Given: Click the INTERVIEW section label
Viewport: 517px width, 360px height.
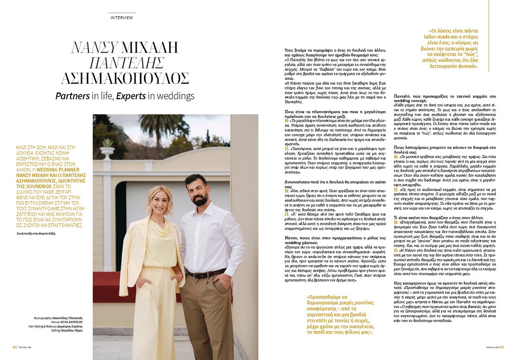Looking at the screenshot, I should pos(121,18).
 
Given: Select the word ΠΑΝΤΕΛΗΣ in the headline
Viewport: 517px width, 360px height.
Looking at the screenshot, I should pos(125,63).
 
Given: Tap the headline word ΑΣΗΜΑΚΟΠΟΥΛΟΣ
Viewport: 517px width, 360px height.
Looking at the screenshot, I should pos(125,78).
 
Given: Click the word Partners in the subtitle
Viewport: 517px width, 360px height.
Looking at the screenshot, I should pos(72,96).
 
